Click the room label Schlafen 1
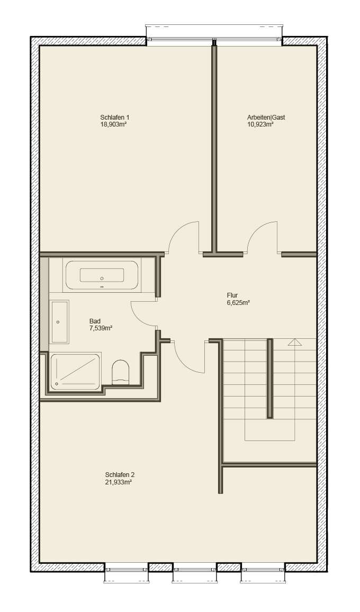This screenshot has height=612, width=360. pos(114,118)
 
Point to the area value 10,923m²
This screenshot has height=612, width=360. pos(260,125)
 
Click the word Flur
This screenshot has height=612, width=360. pos(233,296)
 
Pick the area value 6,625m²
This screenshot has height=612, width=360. pos(238,303)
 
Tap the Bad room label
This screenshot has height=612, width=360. pos(95,321)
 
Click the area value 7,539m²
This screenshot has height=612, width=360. pos(101,328)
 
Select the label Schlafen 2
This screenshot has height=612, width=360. pos(116,474)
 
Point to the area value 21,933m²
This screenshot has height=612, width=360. pos(119,482)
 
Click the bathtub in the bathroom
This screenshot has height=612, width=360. pos(102,275)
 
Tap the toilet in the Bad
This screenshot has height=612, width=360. pos(121,371)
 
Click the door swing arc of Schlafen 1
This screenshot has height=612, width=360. pos(180,231)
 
